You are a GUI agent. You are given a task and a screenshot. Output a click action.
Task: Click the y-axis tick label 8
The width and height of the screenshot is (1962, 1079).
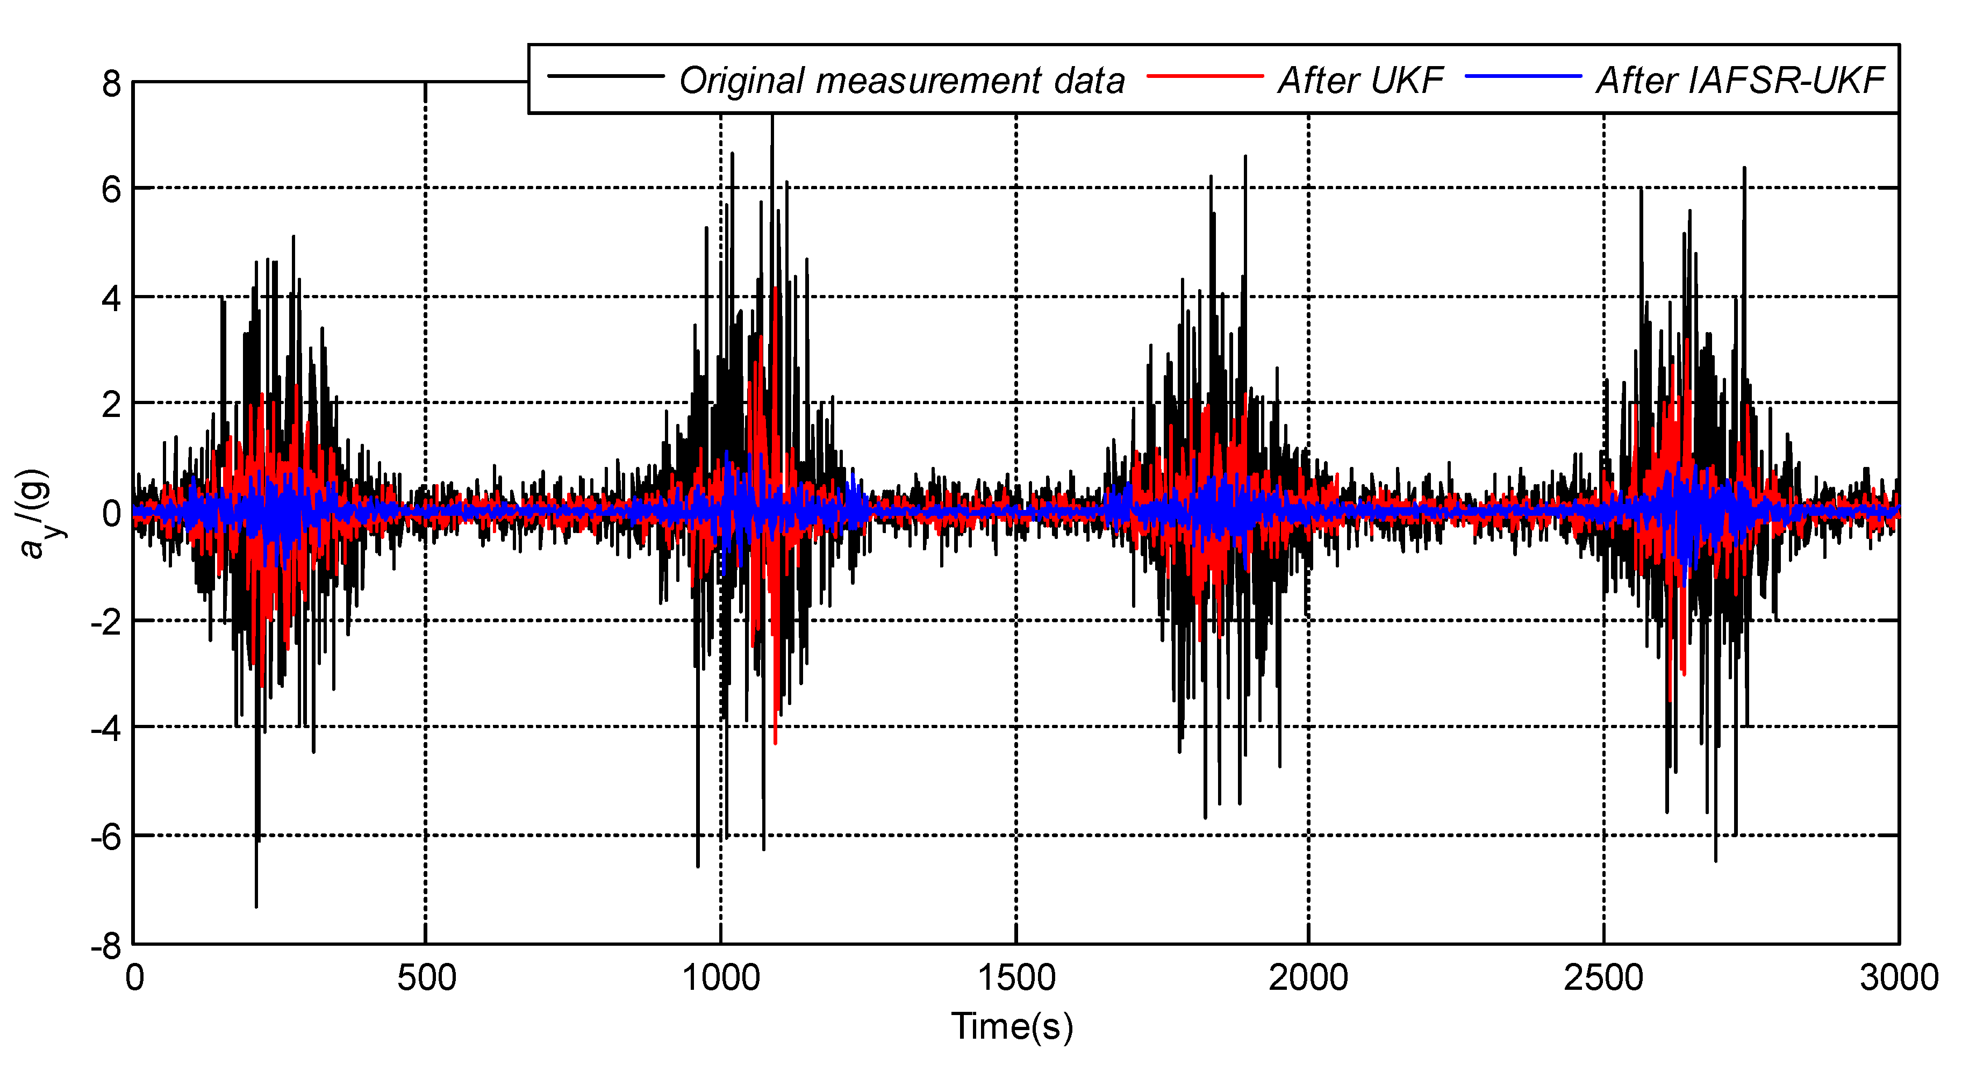coord(111,84)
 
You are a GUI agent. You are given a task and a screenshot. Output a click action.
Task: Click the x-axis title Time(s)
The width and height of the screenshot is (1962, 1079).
coord(1012,1026)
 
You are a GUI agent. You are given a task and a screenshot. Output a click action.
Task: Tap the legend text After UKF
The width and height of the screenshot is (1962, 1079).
coord(1360,81)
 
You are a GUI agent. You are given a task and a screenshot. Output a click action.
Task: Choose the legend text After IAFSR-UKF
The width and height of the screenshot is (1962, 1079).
coord(1739,81)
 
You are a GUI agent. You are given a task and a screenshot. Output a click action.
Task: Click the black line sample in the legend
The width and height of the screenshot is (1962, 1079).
coord(605,75)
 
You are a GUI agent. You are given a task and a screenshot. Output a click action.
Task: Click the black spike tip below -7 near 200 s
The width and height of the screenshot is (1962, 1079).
coord(256,904)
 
